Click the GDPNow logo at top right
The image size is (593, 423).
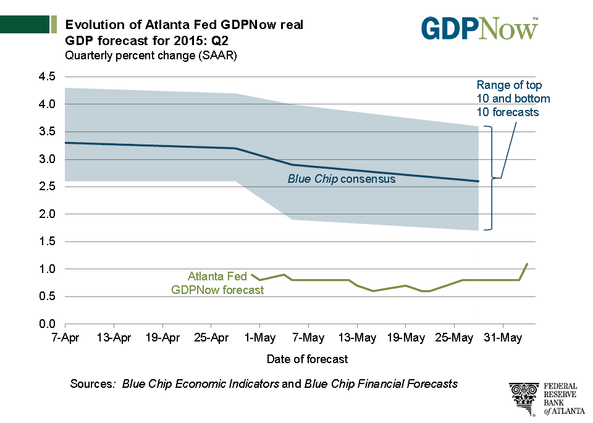point(479,28)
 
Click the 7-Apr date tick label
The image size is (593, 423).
point(65,338)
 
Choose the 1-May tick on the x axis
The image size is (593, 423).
point(259,338)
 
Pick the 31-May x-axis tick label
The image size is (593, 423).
point(502,338)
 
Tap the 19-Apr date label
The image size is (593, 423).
point(162,338)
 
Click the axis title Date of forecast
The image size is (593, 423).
point(307,359)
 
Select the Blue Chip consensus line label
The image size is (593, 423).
point(341,179)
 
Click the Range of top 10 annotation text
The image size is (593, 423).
point(513,99)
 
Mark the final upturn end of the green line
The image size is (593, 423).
point(527,264)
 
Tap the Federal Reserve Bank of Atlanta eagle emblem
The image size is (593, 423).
point(524,398)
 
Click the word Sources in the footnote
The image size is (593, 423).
point(93,383)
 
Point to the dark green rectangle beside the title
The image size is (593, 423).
point(25,25)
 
